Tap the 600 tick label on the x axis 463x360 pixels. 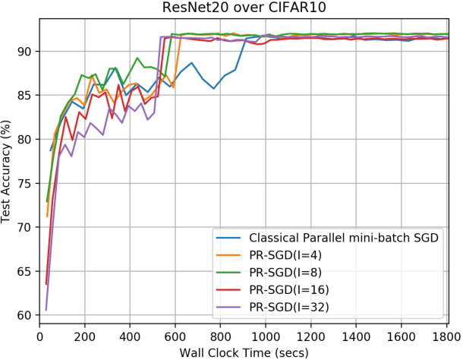(175, 333)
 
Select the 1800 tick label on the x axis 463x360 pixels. (446, 333)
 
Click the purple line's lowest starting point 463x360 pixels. (46, 310)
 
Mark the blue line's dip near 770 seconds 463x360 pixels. (214, 88)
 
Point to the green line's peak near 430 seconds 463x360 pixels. (137, 58)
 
